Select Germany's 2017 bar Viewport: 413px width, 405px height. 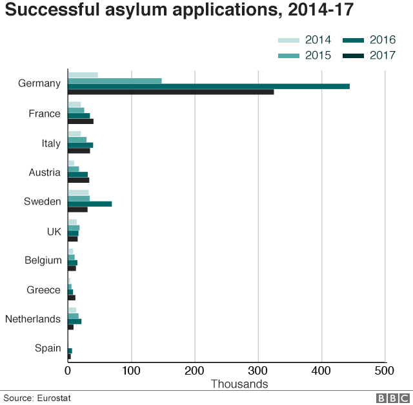171,92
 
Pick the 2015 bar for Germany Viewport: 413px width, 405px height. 115,81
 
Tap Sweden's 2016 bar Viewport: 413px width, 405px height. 90,203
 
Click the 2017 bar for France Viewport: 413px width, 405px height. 81,121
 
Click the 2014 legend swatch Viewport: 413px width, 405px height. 289,40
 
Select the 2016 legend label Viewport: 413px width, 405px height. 383,40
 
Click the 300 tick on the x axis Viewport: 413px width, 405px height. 258,371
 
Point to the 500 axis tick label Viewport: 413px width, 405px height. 385,371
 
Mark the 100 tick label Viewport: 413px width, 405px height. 132,371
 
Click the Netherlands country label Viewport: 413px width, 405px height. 33,319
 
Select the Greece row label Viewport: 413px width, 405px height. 44,290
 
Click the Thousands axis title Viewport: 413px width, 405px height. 239,384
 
